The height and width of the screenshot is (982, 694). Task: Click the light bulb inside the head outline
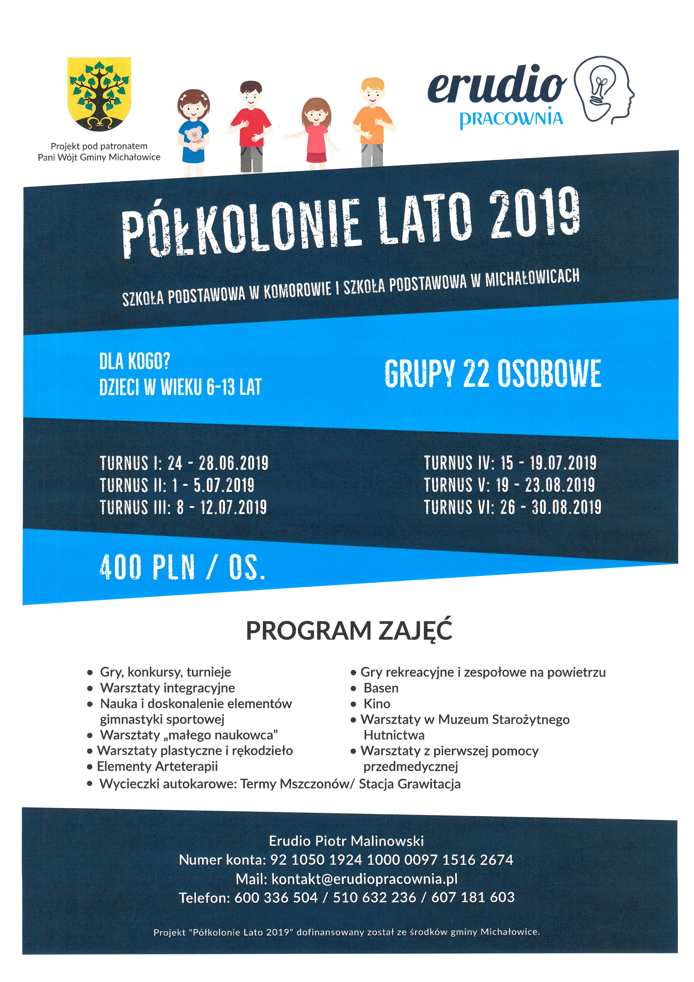click(600, 88)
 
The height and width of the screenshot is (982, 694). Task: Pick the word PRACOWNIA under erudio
click(511, 118)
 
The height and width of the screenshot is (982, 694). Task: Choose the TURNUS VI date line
click(512, 507)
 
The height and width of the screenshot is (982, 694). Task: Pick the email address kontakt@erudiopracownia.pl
click(365, 879)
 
